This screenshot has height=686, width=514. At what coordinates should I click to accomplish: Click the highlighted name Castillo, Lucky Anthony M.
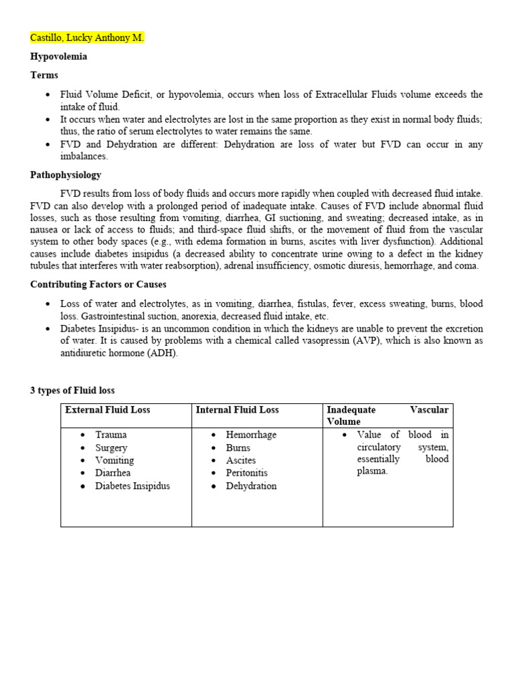[x=87, y=38]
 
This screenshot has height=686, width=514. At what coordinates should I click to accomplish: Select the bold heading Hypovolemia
[x=59, y=57]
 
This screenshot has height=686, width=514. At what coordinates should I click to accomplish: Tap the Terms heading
[x=44, y=75]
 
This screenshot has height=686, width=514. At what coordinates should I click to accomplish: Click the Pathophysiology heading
[x=66, y=175]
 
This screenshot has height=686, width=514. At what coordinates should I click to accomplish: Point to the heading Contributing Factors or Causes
[x=98, y=285]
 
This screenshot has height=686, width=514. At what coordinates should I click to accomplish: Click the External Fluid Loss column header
[x=108, y=410]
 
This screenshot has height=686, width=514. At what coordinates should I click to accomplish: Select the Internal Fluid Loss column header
[x=237, y=410]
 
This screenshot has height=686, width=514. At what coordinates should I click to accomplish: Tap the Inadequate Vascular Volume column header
[x=388, y=415]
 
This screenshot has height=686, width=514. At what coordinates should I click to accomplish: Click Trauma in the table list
[x=111, y=435]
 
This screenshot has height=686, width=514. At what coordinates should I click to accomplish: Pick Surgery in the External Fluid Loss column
[x=111, y=448]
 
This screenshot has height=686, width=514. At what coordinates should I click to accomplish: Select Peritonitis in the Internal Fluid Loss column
[x=246, y=473]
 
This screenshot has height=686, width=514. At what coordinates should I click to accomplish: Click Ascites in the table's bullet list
[x=241, y=460]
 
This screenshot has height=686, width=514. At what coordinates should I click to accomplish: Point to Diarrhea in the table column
[x=113, y=473]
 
